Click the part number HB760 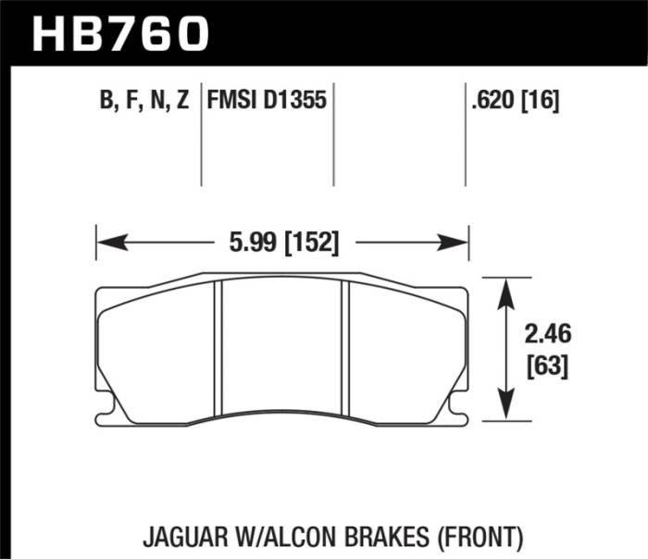click(x=121, y=33)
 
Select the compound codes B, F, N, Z click(x=143, y=99)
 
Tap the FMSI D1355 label click(x=267, y=99)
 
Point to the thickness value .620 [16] click(x=516, y=99)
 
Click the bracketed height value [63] click(x=547, y=366)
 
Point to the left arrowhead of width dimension click(x=105, y=242)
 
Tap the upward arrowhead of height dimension click(x=505, y=286)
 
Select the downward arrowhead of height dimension click(x=505, y=411)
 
